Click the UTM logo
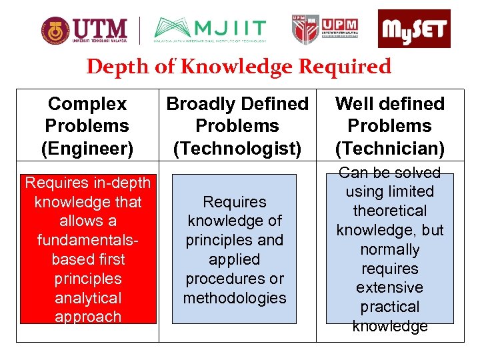click(84, 29)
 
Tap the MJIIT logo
click(210, 29)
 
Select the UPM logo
click(327, 29)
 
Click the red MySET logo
click(414, 29)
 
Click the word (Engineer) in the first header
click(87, 147)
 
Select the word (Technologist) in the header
click(237, 147)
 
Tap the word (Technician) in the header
click(390, 147)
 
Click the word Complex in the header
click(87, 104)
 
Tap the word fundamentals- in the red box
click(88, 239)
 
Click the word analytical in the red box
click(88, 297)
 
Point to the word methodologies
click(235, 297)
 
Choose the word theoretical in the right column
click(390, 211)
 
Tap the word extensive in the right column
click(390, 287)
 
